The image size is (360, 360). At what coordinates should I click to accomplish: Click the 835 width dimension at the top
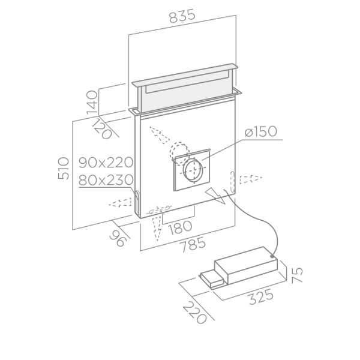(x=182, y=16)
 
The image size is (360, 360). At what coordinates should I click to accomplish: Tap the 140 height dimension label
(x=92, y=103)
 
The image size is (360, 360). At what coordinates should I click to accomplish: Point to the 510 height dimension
(x=64, y=168)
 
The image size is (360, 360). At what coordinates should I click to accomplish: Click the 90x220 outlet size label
(x=106, y=163)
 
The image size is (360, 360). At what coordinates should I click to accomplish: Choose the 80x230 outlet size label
(x=106, y=179)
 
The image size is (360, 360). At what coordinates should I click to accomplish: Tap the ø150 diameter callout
(x=261, y=131)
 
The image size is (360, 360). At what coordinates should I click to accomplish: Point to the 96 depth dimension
(x=118, y=238)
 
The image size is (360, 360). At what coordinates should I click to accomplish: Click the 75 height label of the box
(x=298, y=275)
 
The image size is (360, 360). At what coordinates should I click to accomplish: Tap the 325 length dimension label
(x=261, y=297)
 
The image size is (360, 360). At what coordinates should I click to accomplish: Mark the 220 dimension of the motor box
(x=195, y=313)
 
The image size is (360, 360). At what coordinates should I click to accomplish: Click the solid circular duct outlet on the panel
(x=193, y=170)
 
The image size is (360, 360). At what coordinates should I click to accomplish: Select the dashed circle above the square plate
(x=179, y=152)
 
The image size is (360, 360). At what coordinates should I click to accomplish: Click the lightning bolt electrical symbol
(x=215, y=196)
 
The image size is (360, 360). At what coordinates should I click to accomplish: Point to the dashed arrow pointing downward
(x=157, y=229)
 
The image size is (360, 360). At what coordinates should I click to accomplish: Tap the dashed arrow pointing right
(x=251, y=179)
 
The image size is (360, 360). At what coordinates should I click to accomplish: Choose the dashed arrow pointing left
(x=120, y=203)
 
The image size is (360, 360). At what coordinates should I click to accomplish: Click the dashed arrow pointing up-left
(x=160, y=135)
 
